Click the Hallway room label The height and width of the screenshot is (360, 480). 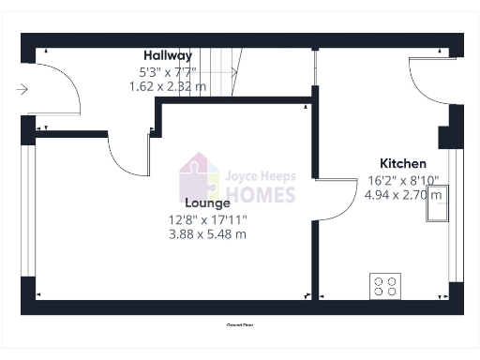click(x=168, y=55)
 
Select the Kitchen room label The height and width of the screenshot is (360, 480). click(x=402, y=163)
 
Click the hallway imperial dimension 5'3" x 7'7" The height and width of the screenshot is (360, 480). click(x=167, y=70)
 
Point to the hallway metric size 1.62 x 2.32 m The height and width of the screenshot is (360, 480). click(x=167, y=85)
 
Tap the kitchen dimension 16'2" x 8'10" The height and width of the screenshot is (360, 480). click(x=402, y=181)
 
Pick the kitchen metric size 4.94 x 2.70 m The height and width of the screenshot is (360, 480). click(x=402, y=196)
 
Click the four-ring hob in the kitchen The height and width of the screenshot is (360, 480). click(x=384, y=285)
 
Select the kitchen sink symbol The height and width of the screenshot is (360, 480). click(x=437, y=204)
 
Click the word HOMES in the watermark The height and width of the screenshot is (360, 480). click(x=260, y=195)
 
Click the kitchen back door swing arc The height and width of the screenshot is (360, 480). click(x=429, y=82)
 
